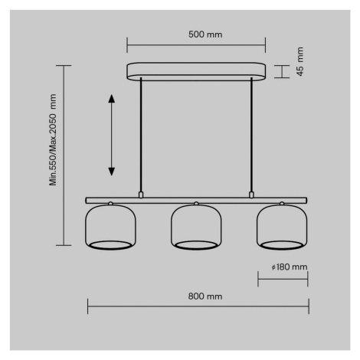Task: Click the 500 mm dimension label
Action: click(x=205, y=34)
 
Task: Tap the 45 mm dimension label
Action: click(x=300, y=61)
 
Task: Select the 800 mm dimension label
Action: click(x=205, y=296)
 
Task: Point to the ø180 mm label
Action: click(x=290, y=267)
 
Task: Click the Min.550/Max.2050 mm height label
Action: click(x=53, y=139)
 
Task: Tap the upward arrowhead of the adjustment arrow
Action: click(x=112, y=99)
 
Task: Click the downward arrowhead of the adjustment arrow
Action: click(x=112, y=172)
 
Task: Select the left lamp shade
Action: click(x=110, y=226)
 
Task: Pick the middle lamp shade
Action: click(x=196, y=226)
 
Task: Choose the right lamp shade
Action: click(x=282, y=226)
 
